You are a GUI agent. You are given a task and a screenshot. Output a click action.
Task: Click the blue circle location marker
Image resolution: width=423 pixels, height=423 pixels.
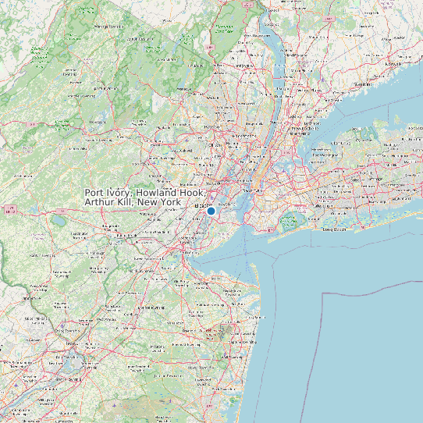click(x=211, y=211)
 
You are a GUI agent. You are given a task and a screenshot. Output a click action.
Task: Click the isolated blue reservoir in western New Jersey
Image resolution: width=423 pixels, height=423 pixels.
click(x=59, y=221)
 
